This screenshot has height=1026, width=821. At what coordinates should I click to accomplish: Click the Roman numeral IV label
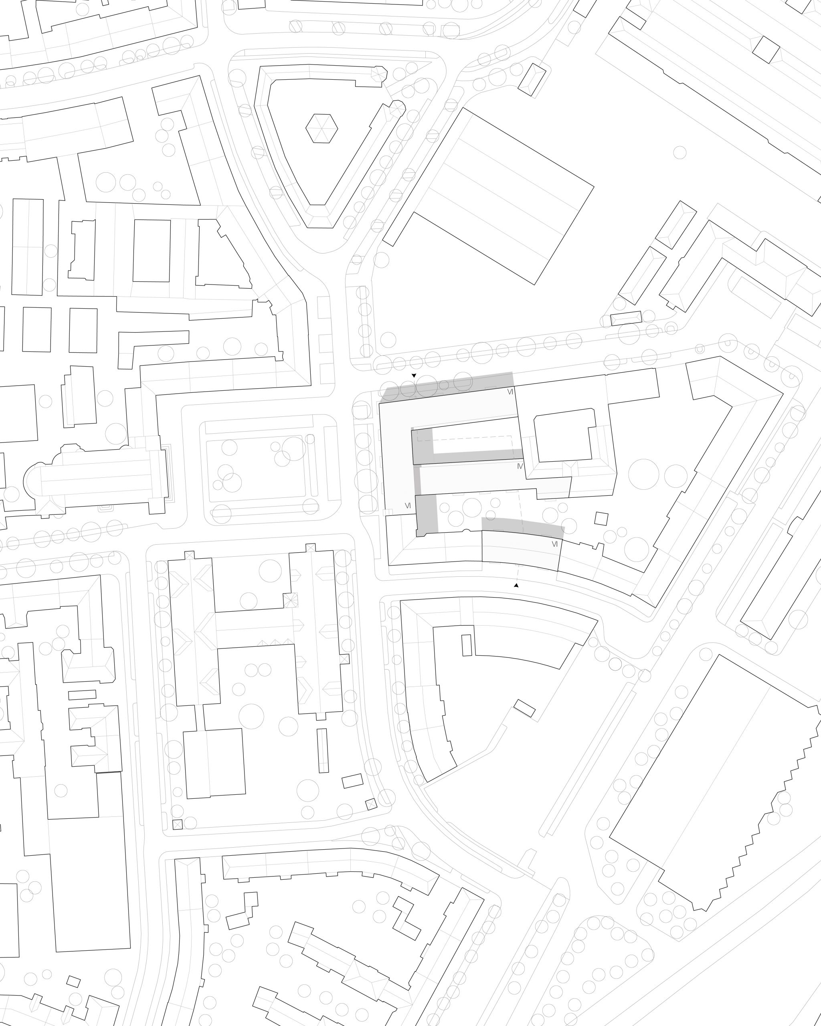coord(520,467)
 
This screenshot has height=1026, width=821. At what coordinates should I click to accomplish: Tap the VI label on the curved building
coord(554,544)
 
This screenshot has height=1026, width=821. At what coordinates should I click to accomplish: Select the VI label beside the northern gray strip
coord(510,392)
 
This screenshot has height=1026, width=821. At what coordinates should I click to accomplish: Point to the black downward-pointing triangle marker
coord(414,376)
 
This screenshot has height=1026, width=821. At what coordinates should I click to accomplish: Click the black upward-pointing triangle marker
coord(516,585)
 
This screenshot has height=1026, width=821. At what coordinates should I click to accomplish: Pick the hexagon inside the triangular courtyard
coord(322,128)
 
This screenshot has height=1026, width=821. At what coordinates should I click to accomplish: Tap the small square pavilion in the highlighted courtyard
coord(601,518)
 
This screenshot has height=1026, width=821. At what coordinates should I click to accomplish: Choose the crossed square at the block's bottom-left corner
coord(178,825)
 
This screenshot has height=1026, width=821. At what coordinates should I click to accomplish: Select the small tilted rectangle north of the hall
coord(532,79)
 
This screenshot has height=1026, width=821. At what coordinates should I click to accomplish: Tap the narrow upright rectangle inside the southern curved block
coord(467,645)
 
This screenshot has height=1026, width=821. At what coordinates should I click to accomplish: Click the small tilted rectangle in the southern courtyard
coord(524,708)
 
